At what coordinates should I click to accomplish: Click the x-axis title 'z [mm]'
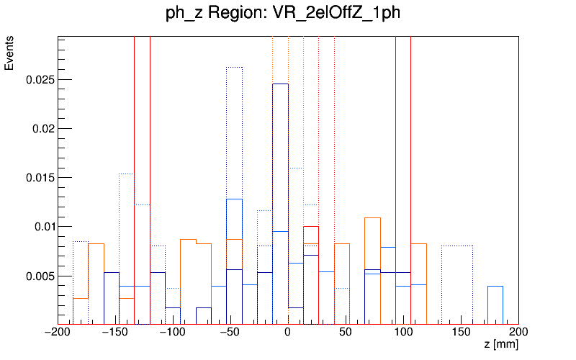[500, 346]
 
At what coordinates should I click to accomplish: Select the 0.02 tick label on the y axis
[42, 129]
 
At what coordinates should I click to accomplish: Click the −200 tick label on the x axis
[58, 333]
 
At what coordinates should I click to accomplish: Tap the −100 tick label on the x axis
[173, 333]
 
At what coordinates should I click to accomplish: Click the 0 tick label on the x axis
[288, 333]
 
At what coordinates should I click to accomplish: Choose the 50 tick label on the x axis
[346, 333]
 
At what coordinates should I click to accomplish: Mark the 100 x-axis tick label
[403, 333]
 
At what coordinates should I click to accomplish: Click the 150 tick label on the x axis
[461, 333]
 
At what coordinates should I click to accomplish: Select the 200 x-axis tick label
[518, 333]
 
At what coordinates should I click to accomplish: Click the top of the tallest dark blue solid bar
[280, 84]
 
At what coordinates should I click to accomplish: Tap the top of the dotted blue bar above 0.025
[234, 67]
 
